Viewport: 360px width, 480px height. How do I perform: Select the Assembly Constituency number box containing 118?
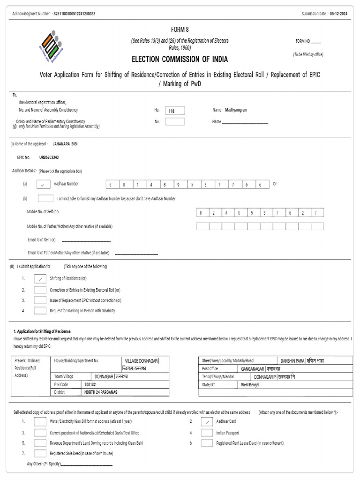tap(175, 111)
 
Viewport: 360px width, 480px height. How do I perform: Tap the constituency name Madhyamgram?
tap(236, 110)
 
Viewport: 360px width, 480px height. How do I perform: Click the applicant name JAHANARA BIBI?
tap(65, 144)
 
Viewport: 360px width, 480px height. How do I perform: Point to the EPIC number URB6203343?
tap(49, 157)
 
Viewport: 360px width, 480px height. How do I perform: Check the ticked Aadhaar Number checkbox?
tap(43, 185)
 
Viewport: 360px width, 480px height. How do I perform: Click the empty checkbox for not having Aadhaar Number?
tap(45, 198)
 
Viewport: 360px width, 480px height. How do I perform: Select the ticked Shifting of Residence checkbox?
tap(40, 279)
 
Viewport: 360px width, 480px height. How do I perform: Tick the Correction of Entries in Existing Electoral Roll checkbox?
tap(40, 290)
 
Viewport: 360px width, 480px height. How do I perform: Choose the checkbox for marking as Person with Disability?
tap(40, 310)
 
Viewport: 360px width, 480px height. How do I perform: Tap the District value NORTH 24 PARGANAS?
tap(101, 392)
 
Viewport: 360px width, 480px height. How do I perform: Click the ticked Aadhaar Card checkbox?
tap(207, 422)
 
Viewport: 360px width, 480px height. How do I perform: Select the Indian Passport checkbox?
tap(207, 433)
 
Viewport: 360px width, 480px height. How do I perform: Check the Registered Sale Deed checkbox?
tap(40, 453)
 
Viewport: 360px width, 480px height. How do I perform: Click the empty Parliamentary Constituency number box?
tap(175, 121)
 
